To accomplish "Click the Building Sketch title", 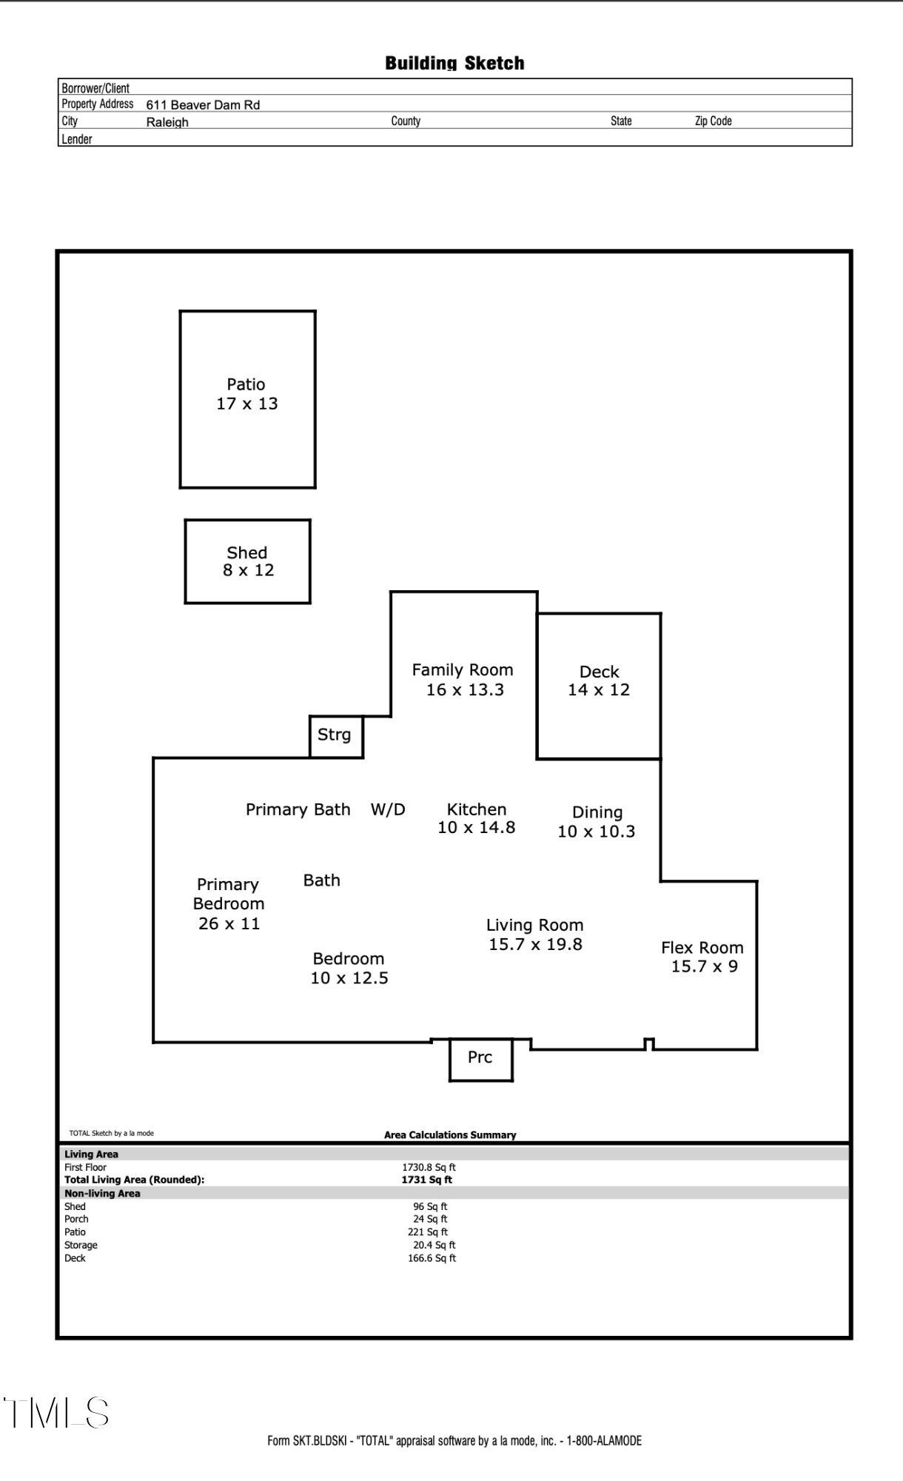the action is pos(454,64).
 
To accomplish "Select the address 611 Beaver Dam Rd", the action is pos(203,105).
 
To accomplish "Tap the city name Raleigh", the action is pos(167,122).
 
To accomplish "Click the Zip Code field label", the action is pos(713,121).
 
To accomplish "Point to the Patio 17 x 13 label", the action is pos(247,394).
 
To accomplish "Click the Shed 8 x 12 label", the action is pos(248,561).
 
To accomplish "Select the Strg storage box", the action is pos(336,737).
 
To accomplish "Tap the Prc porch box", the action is pos(481,1060).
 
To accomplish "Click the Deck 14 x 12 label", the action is pos(599,681).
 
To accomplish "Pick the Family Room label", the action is pos(463,670).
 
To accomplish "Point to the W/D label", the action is pos(388,809).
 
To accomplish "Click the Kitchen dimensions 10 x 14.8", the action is pos(476,828).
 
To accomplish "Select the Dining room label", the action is pos(597,813).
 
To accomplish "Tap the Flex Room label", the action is pos(702,948).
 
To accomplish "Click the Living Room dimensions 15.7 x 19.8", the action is pos(535,944).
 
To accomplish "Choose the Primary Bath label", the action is pos(298,809).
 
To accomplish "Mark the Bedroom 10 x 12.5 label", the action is pos(349,969).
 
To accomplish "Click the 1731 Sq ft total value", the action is pos(427,1180).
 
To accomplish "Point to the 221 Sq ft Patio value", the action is pos(428,1231).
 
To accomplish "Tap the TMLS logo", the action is pos(57,1413).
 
